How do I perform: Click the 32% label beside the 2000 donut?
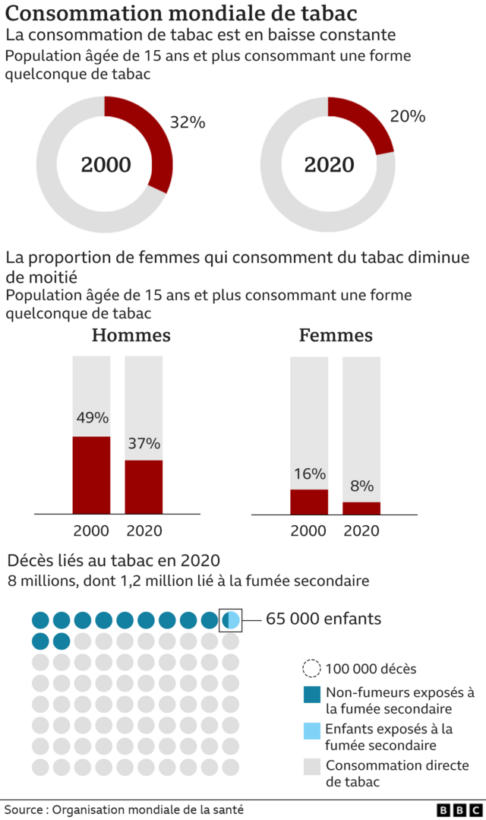click(187, 122)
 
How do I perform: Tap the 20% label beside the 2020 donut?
click(407, 116)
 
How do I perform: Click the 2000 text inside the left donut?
click(106, 165)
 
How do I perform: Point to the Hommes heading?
click(131, 335)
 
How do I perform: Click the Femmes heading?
click(336, 335)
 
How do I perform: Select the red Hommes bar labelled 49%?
click(91, 475)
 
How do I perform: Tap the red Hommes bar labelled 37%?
click(144, 486)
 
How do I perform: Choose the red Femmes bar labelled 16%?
click(309, 502)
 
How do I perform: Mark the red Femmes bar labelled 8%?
click(361, 508)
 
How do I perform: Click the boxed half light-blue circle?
click(231, 620)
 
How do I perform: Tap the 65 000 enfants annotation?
click(323, 619)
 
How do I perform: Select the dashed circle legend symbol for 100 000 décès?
click(311, 669)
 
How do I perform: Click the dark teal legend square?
click(311, 694)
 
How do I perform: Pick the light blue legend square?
click(311, 730)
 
